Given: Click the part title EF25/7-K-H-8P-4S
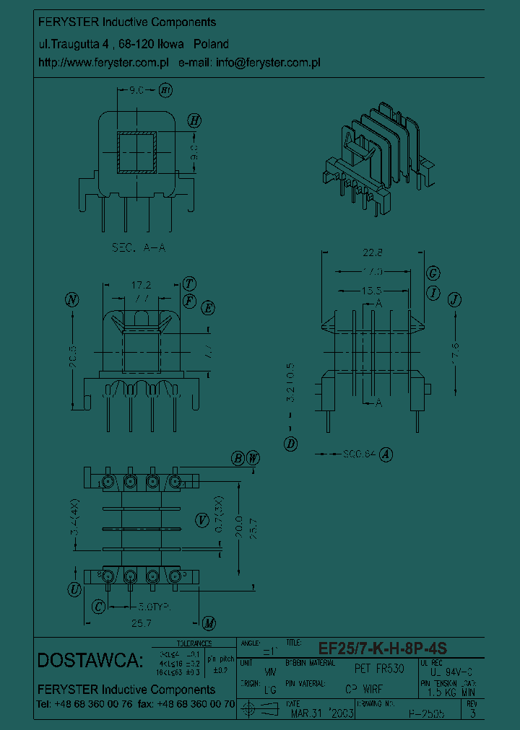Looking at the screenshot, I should tap(383, 648).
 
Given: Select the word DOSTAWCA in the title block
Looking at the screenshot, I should tap(90, 660).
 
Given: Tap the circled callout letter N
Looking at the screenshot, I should tap(71, 300).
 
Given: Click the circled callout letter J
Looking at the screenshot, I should tap(454, 300).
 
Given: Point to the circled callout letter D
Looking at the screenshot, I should tap(290, 444).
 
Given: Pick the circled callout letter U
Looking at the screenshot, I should tap(74, 590).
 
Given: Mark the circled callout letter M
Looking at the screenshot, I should tap(209, 623).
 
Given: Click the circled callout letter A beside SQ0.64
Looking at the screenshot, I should tap(386, 454).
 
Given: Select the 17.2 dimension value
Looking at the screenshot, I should tap(141, 286).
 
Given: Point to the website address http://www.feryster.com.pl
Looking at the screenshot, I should tap(103, 63).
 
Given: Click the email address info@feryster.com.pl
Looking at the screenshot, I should tap(268, 63).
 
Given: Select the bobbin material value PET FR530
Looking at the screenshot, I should tap(379, 669).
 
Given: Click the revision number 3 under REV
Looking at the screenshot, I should tap(472, 714).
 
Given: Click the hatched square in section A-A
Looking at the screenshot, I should tap(136, 154).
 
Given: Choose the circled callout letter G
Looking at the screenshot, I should tap(433, 273).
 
